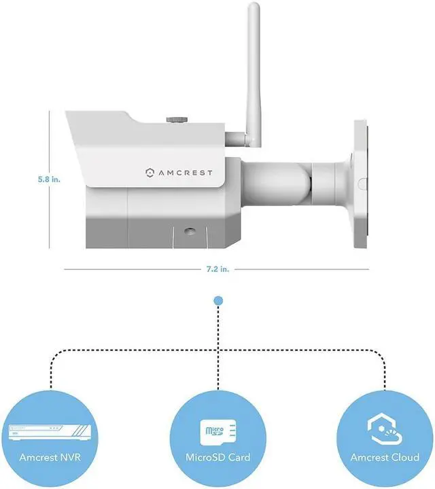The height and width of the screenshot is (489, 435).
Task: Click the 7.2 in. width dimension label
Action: coord(217,269)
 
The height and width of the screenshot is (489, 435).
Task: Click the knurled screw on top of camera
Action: coord(178,120)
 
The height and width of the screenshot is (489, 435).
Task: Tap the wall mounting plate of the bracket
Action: coord(360,180)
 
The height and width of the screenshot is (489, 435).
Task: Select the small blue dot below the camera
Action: coord(217,300)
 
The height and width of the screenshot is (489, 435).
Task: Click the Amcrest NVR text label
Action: coord(50,457)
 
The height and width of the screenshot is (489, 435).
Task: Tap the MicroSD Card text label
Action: coord(217,457)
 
